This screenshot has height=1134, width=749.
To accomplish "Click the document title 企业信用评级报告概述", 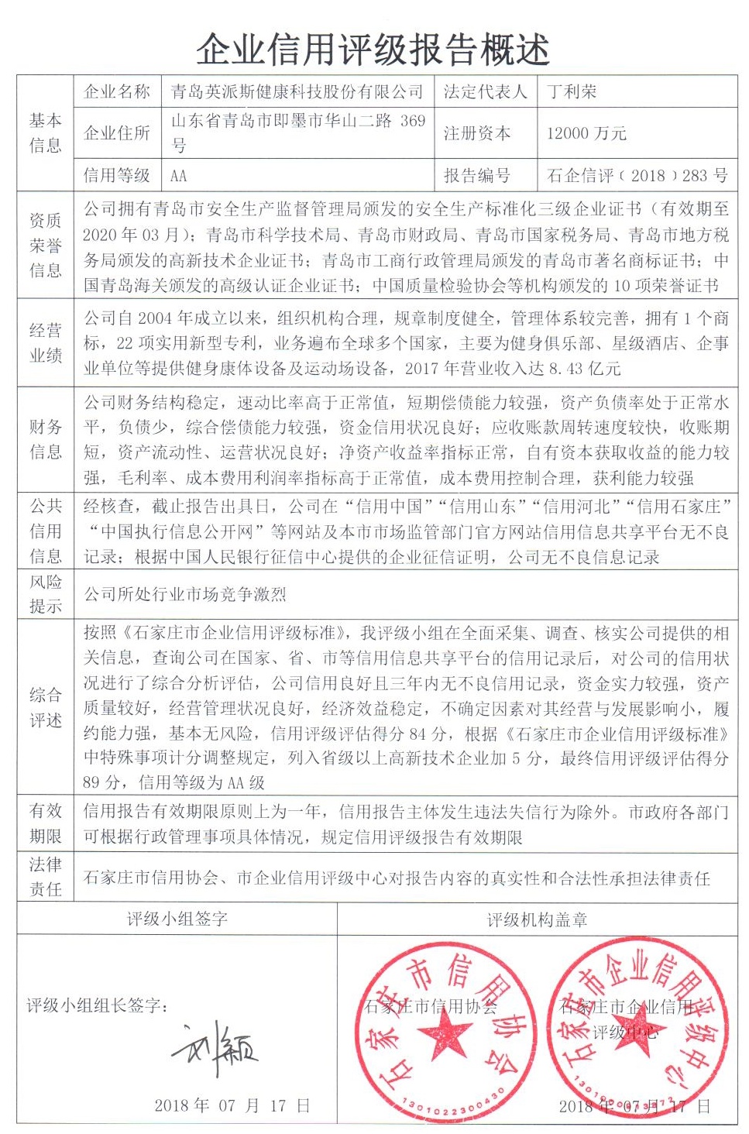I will (x=373, y=50).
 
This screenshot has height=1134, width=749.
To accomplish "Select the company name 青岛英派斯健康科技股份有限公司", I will (x=297, y=92).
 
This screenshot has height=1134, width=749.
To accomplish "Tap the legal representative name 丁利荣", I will (x=572, y=92).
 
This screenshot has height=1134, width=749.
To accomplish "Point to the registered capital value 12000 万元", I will (x=586, y=133).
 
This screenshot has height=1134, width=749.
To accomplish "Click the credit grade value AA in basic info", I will (x=179, y=176).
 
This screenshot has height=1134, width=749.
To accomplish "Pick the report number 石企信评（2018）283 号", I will (x=637, y=176).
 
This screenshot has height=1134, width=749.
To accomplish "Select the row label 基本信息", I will (x=45, y=132).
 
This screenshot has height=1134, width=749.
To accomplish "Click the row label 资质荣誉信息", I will (x=45, y=246).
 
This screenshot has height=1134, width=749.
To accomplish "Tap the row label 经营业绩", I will (x=45, y=343).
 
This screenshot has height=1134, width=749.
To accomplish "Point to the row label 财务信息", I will (x=45, y=439).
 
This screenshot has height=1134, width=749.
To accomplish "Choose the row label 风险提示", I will (x=45, y=594).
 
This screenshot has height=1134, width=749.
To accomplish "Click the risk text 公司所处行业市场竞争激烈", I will (x=185, y=595).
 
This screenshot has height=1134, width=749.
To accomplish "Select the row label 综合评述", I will (x=45, y=707).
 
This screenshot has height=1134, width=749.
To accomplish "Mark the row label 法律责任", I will (x=45, y=877).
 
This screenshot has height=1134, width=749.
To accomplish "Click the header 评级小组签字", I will (x=177, y=919).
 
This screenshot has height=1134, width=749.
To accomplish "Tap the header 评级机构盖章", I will (x=537, y=920).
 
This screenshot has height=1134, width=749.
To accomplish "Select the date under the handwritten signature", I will (x=232, y=1105).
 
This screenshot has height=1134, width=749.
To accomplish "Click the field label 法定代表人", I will (x=485, y=92).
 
